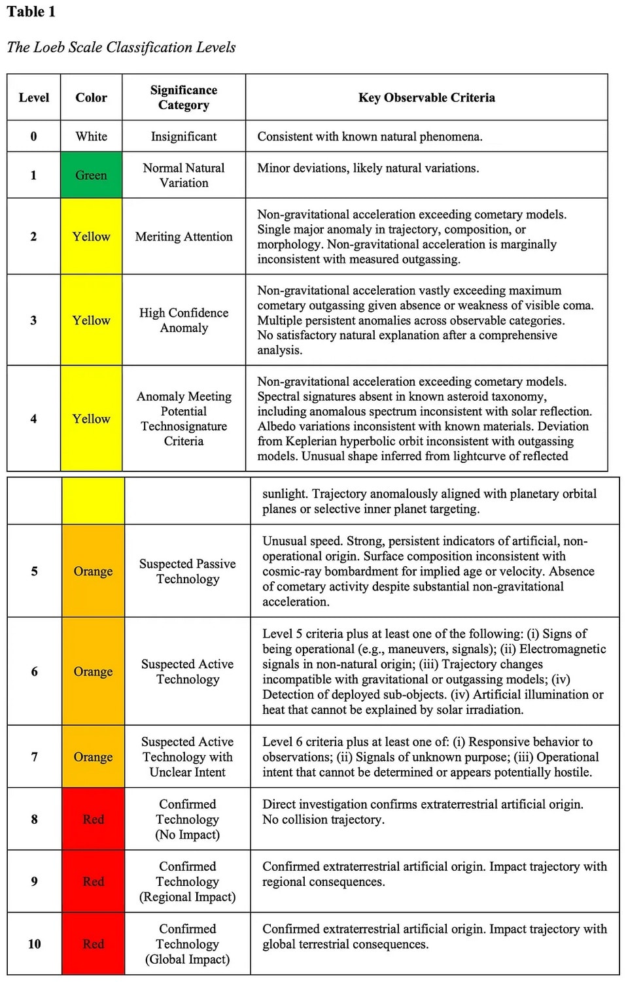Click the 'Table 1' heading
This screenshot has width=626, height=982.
pyautogui.click(x=31, y=12)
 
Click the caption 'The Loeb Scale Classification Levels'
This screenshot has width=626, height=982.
pyautogui.click(x=121, y=47)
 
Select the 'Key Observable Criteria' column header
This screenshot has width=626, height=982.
pyautogui.click(x=426, y=97)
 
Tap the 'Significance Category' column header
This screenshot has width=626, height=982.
pyautogui.click(x=184, y=97)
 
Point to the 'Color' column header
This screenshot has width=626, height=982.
pyautogui.click(x=91, y=97)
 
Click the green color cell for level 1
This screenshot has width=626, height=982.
pyautogui.click(x=91, y=175)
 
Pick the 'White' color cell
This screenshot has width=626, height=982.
pyautogui.click(x=91, y=136)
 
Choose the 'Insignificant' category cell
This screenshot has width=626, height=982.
pyautogui.click(x=184, y=136)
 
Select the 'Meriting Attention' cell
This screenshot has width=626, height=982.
pyautogui.click(x=184, y=237)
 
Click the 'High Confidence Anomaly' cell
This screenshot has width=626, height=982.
pyautogui.click(x=184, y=320)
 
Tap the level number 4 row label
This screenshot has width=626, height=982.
pyautogui.click(x=33, y=418)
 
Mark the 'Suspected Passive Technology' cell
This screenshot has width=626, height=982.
pyautogui.click(x=188, y=571)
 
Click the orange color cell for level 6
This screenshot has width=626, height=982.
pyautogui.click(x=93, y=671)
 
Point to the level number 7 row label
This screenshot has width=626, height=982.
pyautogui.click(x=35, y=756)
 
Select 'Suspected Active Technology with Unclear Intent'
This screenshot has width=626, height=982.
pyautogui.click(x=188, y=756)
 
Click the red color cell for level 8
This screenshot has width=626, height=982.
pyautogui.click(x=93, y=819)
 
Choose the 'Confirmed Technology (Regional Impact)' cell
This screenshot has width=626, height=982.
pyautogui.click(x=188, y=881)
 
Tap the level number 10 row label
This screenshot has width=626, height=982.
pyautogui.click(x=35, y=943)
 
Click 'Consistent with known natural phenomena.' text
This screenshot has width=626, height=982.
pyautogui.click(x=370, y=137)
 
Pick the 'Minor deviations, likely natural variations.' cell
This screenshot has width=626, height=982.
pyautogui.click(x=368, y=168)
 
